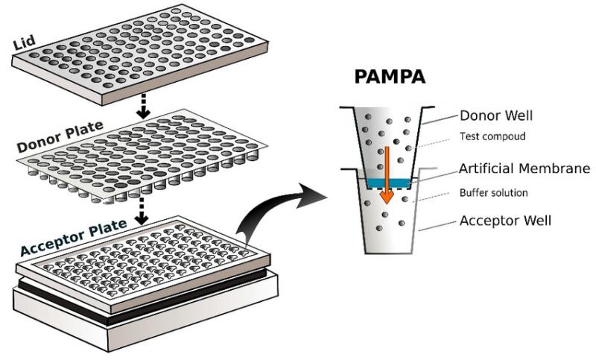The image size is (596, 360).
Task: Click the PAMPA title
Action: (390, 77)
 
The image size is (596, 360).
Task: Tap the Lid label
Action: (25, 42)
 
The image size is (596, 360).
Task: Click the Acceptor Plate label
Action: (73, 238)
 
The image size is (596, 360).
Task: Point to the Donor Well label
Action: (496, 116)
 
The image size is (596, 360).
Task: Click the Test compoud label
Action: (492, 136)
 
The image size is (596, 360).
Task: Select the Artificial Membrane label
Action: (524, 168)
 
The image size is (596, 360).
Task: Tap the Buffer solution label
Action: (494, 193)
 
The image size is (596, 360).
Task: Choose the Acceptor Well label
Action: (505, 221)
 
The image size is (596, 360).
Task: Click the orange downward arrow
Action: (387, 175)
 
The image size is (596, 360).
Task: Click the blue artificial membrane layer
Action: (388, 183)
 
